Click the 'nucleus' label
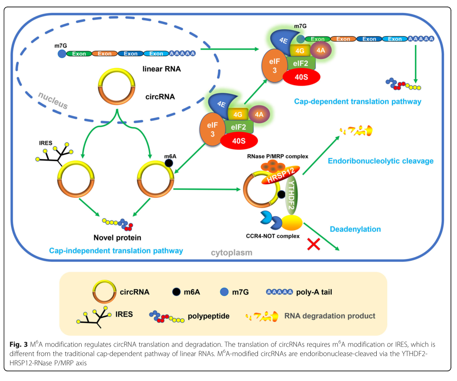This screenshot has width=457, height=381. [x=52, y=100]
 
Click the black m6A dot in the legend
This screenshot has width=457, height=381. [x=176, y=292]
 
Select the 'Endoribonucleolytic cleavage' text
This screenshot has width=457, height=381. [x=380, y=161]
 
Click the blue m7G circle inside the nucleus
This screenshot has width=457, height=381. [x=61, y=54]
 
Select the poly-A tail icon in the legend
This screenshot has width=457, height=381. [x=279, y=292]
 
